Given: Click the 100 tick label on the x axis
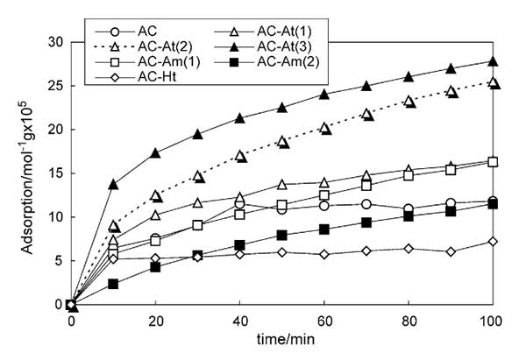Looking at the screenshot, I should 493,321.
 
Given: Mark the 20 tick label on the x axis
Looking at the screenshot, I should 155,321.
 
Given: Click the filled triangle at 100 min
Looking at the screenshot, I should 493,61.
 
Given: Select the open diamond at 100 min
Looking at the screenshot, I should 493,241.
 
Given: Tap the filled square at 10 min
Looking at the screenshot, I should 113,284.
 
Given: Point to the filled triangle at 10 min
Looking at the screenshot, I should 113,184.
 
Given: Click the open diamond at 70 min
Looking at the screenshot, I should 366,251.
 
